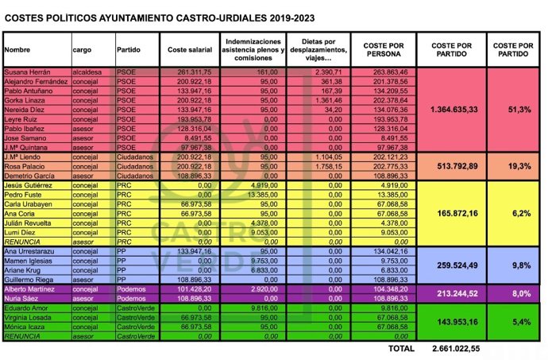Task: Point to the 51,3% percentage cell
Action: [513, 110]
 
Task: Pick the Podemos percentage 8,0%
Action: [513, 292]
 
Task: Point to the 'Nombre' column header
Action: [17, 48]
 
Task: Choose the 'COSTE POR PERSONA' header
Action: [383, 48]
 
